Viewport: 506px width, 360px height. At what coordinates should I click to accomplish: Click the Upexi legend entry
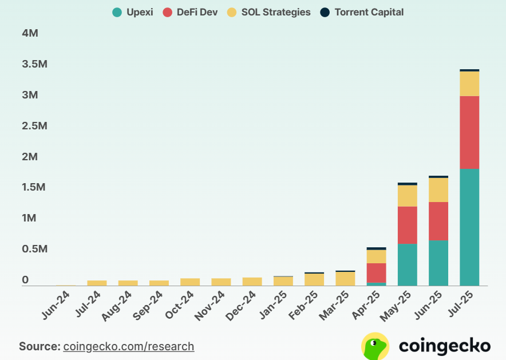(x=132, y=12)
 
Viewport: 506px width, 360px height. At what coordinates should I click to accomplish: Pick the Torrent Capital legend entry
(x=361, y=12)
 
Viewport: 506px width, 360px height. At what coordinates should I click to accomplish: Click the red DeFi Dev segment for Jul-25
(x=469, y=132)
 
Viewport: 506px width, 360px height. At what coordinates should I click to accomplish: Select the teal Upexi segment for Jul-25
(x=469, y=227)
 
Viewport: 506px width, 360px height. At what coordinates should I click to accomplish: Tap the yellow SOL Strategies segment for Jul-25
(x=469, y=84)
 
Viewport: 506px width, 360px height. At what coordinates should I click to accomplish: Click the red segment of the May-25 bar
(x=407, y=225)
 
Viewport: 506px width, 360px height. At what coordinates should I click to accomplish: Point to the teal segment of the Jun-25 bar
(x=438, y=263)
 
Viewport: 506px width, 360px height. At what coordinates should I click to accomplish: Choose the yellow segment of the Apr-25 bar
(x=376, y=256)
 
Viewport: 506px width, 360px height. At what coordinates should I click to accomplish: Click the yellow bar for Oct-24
(x=190, y=282)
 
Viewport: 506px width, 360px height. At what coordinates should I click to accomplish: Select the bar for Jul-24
(x=97, y=283)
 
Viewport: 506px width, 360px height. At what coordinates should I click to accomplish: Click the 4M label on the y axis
(x=30, y=33)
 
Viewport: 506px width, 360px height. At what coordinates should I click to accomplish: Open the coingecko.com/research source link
(x=129, y=346)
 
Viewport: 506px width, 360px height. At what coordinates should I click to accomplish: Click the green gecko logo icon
(x=375, y=346)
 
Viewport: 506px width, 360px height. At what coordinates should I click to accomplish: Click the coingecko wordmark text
(x=444, y=346)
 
